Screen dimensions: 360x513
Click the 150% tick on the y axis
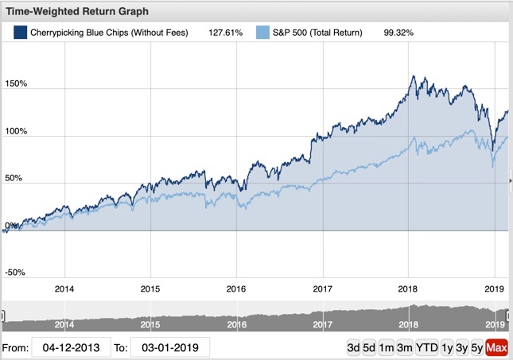point(16,83)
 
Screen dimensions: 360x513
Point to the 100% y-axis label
point(16,131)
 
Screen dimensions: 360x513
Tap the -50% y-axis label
point(14,272)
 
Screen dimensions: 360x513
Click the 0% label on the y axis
point(10,226)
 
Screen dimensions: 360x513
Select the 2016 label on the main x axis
point(236,288)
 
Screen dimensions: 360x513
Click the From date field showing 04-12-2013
point(70,347)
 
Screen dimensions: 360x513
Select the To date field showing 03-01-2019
point(169,347)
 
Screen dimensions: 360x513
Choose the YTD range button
point(427,347)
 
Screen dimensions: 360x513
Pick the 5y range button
point(475,347)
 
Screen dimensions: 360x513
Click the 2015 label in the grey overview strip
point(150,324)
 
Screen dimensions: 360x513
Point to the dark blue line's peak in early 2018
point(412,75)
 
